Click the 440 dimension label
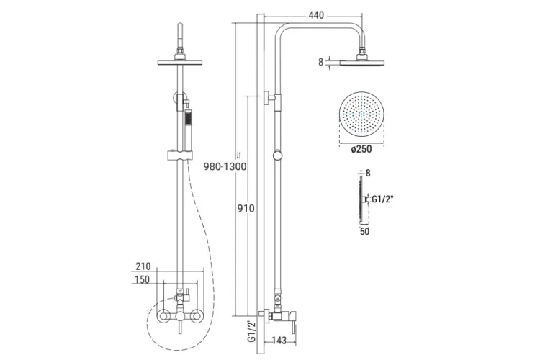tap(316, 16)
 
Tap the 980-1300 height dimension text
tap(225, 167)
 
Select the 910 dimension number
tap(246, 208)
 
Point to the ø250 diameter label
tap(361, 149)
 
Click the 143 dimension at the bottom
tap(279, 341)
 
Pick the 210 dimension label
tap(143, 266)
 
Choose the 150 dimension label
tap(143, 279)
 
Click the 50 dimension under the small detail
tap(365, 231)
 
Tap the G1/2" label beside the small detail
tap(382, 199)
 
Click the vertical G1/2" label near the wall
tap(252, 330)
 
